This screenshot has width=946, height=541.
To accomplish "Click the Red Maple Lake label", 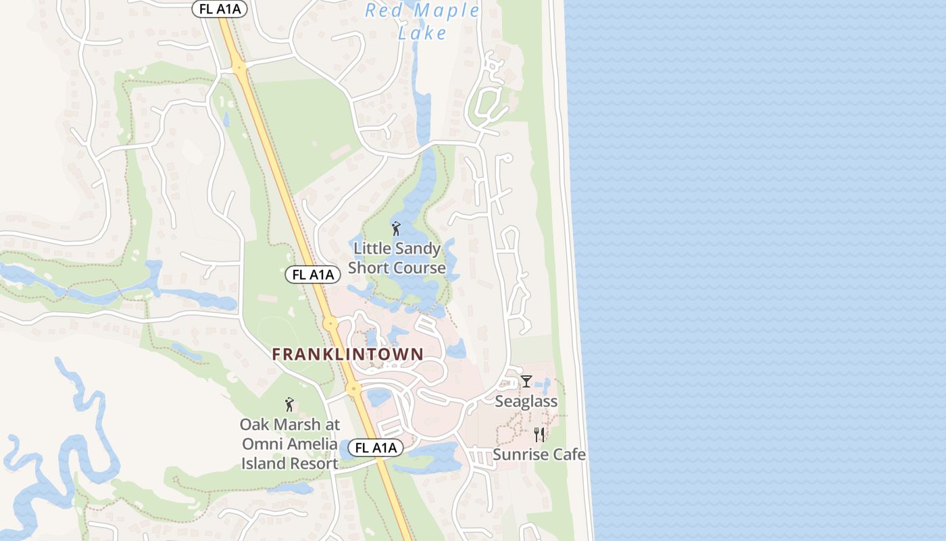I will click(x=422, y=21).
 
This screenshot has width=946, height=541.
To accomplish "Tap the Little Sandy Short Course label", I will click(x=397, y=258).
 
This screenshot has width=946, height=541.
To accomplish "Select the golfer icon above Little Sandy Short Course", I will click(x=396, y=229).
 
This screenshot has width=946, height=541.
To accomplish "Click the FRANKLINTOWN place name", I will click(x=348, y=354).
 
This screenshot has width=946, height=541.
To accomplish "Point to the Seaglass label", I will click(x=526, y=401).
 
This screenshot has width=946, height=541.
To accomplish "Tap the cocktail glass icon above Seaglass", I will click(x=526, y=381).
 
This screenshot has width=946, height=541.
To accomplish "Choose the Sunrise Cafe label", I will click(x=539, y=454).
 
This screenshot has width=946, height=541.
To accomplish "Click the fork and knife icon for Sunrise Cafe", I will click(x=539, y=434).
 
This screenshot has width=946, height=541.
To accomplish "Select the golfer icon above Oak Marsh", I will click(x=289, y=404).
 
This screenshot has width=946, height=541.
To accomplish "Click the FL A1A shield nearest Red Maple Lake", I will click(x=220, y=9).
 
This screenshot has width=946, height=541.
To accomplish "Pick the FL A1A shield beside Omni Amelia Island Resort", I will click(x=376, y=448).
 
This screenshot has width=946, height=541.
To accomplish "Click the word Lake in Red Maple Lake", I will click(x=422, y=32).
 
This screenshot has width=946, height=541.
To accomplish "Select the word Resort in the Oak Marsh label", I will click(x=314, y=464).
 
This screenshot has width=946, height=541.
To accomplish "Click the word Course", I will click(x=418, y=268).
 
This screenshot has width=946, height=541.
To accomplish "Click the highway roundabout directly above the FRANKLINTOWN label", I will click(x=330, y=324).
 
